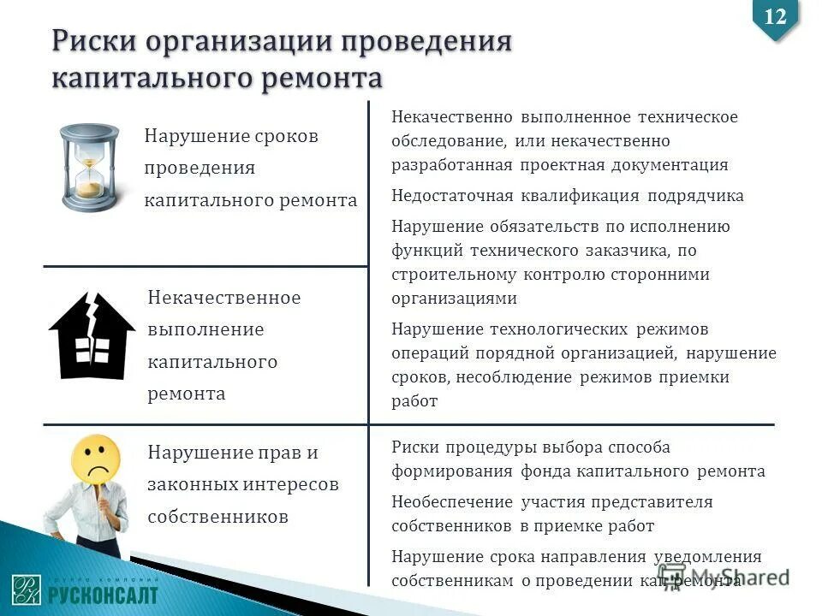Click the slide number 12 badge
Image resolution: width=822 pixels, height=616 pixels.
click(x=775, y=16)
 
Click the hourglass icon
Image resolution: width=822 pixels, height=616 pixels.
click(x=89, y=167)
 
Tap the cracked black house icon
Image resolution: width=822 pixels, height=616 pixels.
click(x=92, y=336)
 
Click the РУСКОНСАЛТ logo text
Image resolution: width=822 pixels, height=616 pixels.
click(x=102, y=594)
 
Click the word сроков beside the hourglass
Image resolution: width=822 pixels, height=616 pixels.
click(x=287, y=136)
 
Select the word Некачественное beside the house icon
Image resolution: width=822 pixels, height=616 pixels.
click(x=224, y=298)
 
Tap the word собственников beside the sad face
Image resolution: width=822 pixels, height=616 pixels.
click(x=217, y=517)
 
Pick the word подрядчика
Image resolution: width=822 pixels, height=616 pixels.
click(x=695, y=196)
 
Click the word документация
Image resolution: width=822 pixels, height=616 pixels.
click(x=671, y=165)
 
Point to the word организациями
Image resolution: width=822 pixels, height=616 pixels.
click(x=455, y=299)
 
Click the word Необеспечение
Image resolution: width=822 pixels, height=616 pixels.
click(x=451, y=502)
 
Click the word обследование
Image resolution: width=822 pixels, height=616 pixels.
click(x=443, y=141)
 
